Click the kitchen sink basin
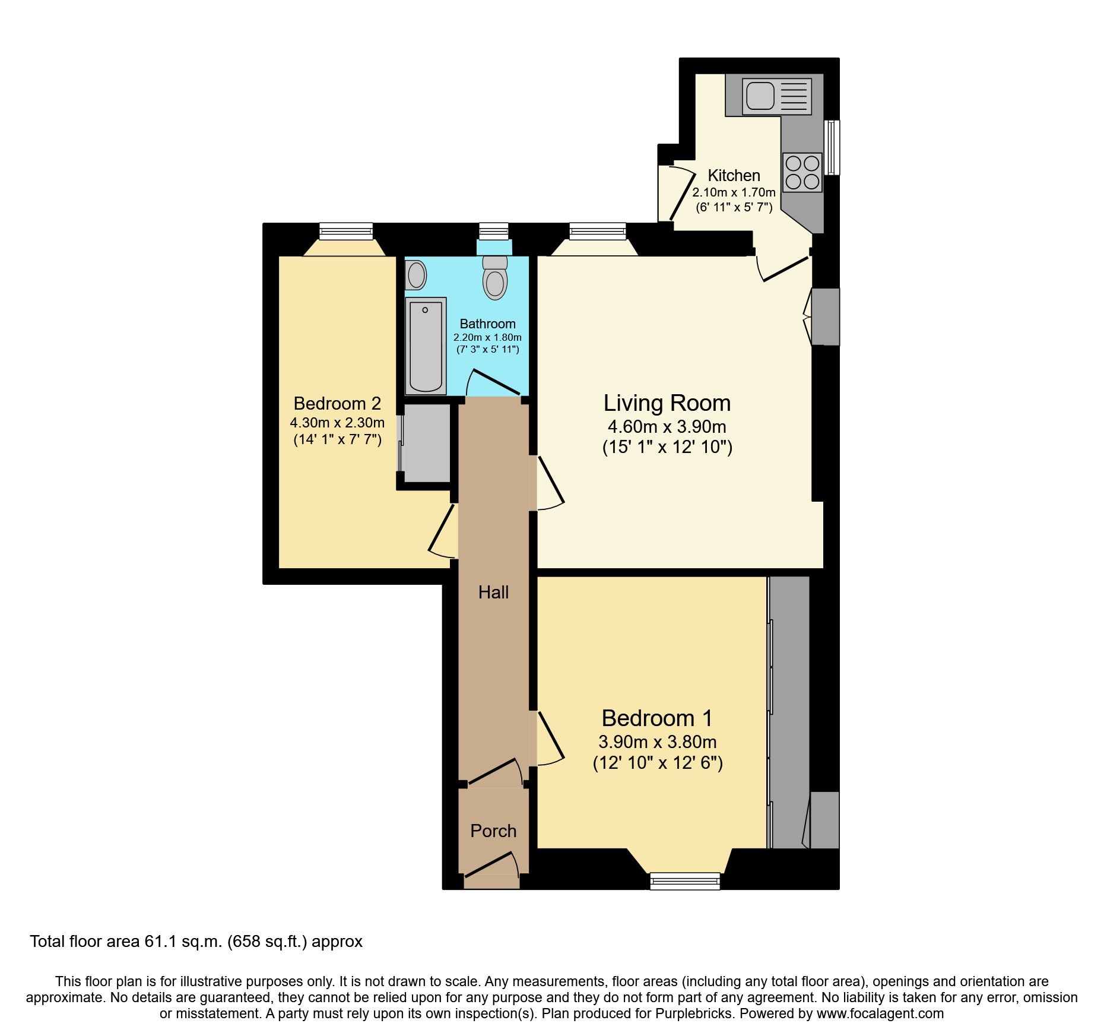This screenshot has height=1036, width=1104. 760,96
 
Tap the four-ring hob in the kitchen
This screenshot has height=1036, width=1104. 802,172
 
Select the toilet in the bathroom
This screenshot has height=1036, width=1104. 494,278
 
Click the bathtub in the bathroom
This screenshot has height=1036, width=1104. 425,346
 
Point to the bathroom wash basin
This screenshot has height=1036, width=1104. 416,275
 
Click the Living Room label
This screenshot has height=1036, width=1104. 667,403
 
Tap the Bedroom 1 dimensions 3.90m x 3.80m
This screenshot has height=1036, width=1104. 657,742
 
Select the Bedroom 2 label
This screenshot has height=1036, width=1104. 337,404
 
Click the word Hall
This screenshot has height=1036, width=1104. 493,592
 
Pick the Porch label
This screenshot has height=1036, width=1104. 493,831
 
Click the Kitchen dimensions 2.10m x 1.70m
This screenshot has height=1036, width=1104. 734,192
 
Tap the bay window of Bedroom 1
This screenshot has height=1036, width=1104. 685,880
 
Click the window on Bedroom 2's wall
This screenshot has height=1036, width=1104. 345,231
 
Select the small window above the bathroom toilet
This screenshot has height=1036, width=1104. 494,231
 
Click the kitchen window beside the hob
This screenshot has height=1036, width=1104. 833,147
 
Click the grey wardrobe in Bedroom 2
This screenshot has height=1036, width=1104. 426,443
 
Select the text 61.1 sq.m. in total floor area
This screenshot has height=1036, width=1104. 183,942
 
